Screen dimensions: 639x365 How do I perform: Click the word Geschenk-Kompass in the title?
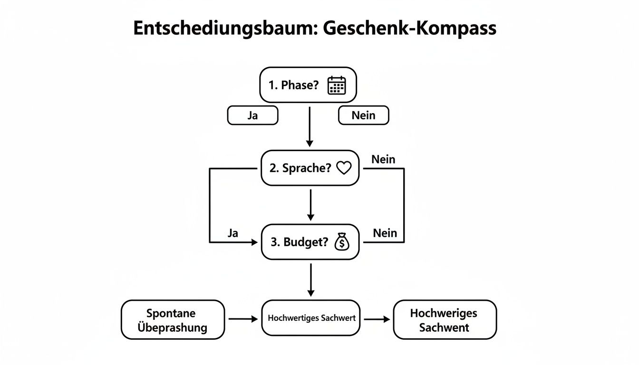click(x=410, y=29)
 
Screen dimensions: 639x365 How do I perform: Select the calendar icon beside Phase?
click(x=337, y=85)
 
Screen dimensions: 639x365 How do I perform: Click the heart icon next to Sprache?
click(x=344, y=168)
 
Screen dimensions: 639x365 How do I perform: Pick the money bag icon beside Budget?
click(x=342, y=242)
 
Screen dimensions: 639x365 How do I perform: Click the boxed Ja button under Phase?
click(x=253, y=115)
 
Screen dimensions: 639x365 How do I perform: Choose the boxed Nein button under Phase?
click(x=363, y=115)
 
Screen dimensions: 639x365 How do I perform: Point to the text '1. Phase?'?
click(x=293, y=85)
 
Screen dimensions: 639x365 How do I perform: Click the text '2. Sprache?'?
click(x=300, y=168)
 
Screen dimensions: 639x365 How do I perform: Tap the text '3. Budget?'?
click(x=300, y=242)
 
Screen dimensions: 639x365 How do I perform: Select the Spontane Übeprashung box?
click(x=173, y=320)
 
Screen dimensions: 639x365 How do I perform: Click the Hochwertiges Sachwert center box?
click(x=311, y=318)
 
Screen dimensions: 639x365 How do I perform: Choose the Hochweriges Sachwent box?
click(x=445, y=320)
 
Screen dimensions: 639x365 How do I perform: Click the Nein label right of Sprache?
click(x=383, y=159)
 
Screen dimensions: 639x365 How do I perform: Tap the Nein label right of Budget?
click(x=385, y=233)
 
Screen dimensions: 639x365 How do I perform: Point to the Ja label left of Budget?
click(x=233, y=233)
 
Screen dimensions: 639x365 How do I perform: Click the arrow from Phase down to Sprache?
click(x=310, y=127)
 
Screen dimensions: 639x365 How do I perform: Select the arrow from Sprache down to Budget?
click(x=310, y=205)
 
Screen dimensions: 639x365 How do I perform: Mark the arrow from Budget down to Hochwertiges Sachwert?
click(x=311, y=280)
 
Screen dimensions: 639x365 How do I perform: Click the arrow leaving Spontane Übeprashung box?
click(x=243, y=319)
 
